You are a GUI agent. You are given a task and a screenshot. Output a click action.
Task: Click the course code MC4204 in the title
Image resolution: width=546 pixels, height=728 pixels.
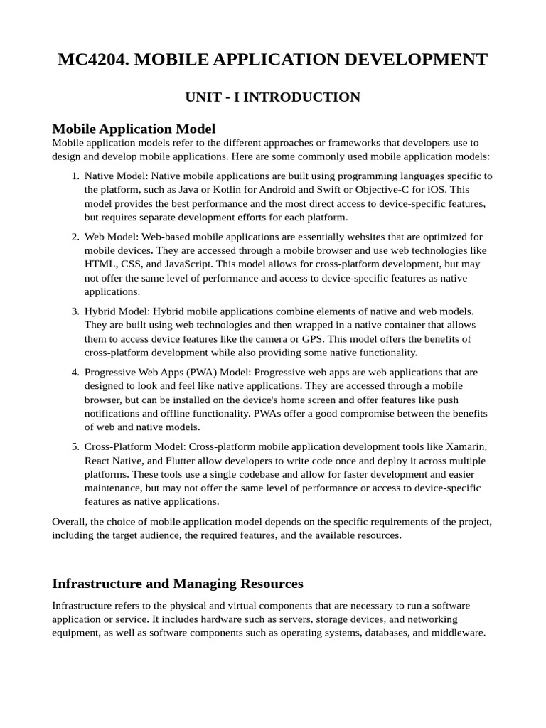pyautogui.click(x=92, y=59)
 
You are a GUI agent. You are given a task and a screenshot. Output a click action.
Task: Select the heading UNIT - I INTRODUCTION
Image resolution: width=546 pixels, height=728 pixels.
pyautogui.click(x=273, y=97)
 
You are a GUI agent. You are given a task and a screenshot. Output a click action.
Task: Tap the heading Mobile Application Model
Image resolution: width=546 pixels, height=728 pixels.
pyautogui.click(x=134, y=129)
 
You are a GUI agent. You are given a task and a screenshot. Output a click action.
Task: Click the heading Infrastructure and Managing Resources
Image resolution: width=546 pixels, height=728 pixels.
pyautogui.click(x=178, y=583)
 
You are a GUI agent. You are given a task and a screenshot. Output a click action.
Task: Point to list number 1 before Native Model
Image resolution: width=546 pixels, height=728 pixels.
pyautogui.click(x=75, y=176)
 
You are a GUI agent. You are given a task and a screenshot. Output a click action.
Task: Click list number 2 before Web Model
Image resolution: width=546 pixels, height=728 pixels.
pyautogui.click(x=75, y=237)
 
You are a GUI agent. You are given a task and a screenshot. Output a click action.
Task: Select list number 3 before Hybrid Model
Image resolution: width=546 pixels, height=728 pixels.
pyautogui.click(x=75, y=311)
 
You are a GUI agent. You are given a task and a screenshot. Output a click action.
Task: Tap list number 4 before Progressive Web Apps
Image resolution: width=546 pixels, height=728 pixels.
pyautogui.click(x=75, y=372)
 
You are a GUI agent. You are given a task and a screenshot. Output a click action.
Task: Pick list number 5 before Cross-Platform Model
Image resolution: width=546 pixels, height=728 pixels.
pyautogui.click(x=75, y=446)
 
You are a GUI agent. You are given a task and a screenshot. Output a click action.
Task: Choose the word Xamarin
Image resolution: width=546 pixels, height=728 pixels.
pyautogui.click(x=466, y=446)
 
